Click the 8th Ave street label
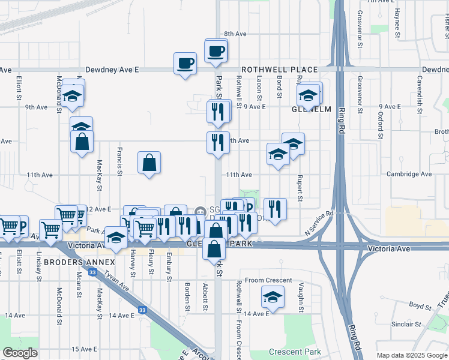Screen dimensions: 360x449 coord(235,34)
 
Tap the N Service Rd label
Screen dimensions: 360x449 coord(319,223)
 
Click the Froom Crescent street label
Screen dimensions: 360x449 coord(268,280)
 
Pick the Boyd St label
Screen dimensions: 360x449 coord(421,305)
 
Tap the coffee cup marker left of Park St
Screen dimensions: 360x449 coord(185,62)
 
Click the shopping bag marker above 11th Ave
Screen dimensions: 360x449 coord(149,162)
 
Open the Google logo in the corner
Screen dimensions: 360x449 coord(20,353)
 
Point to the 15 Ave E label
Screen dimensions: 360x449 coord(84,349)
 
